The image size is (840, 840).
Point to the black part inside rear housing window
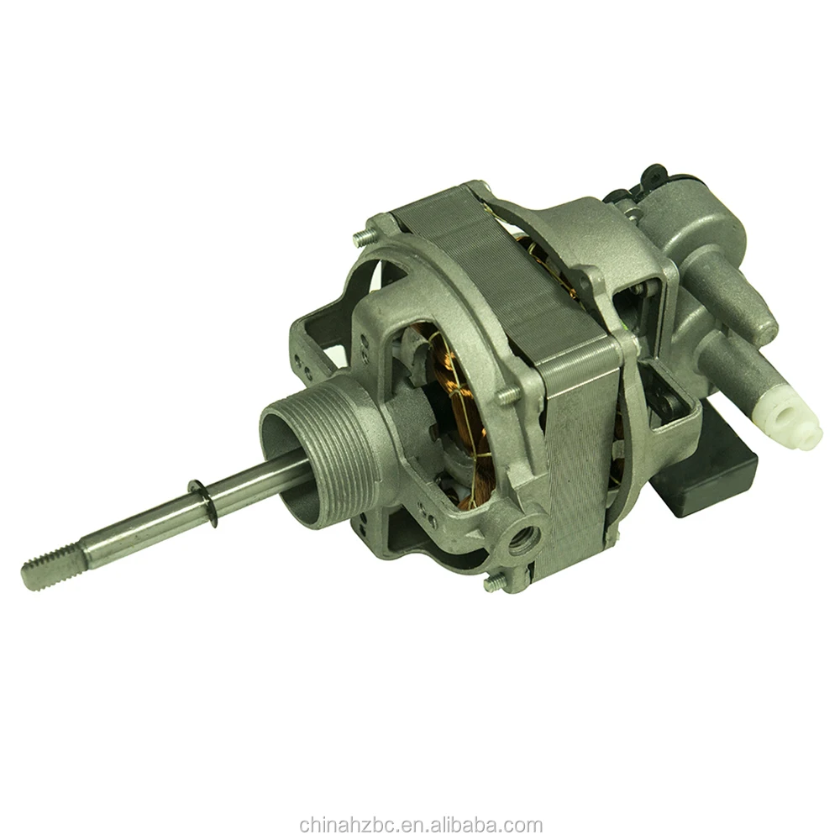coord(668,403)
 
